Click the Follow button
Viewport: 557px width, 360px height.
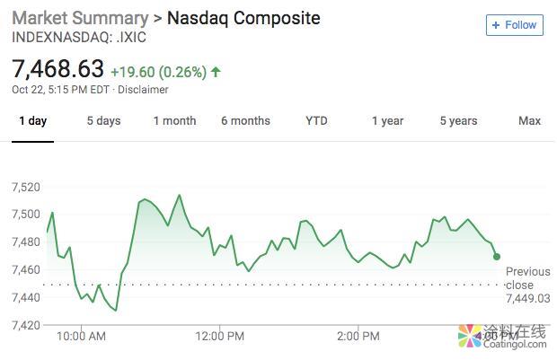tap(514, 25)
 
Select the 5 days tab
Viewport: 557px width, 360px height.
tap(103, 121)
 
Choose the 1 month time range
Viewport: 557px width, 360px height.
tap(174, 121)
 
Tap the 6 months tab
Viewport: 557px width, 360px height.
tap(245, 121)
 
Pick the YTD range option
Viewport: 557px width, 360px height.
tap(316, 121)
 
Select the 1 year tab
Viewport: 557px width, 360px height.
tap(387, 121)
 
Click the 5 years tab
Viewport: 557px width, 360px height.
tap(458, 121)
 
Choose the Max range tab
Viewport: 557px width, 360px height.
tap(529, 121)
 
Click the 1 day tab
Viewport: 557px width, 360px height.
tap(32, 121)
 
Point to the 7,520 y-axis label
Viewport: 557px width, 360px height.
tap(26, 187)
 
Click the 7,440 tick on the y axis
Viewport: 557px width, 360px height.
tap(26, 297)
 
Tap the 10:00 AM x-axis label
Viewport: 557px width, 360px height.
tap(81, 337)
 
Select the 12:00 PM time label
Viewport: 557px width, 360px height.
tap(219, 337)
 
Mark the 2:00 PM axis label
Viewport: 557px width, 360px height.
tap(358, 337)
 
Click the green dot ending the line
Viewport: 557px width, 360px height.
tap(497, 257)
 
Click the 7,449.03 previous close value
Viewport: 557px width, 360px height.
tap(527, 299)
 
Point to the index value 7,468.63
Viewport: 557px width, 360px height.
tap(57, 69)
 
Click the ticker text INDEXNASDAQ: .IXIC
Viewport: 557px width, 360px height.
tap(78, 38)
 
